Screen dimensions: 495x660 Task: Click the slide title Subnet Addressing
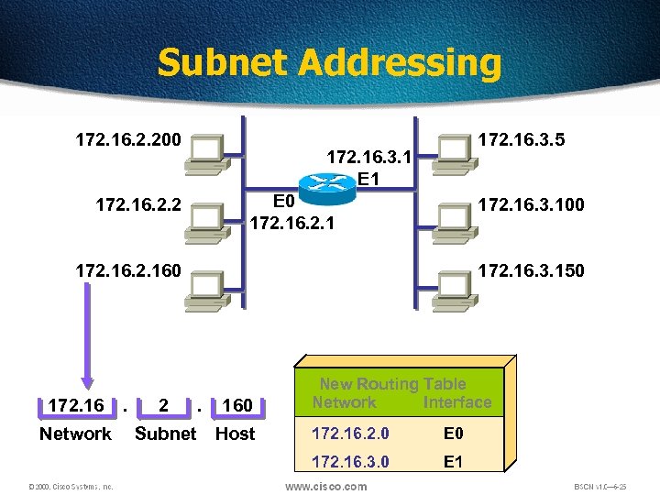click(329, 63)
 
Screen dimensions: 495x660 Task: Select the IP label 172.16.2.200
click(127, 140)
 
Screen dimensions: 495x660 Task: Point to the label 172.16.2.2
click(138, 203)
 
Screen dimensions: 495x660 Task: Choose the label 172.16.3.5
click(522, 140)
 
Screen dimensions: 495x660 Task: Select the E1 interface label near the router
click(369, 179)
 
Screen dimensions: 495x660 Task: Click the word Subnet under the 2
click(165, 434)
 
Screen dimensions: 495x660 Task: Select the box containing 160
click(237, 405)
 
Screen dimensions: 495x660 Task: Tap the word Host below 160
click(235, 434)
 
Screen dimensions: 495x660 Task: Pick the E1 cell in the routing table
click(453, 461)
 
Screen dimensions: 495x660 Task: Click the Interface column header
click(457, 402)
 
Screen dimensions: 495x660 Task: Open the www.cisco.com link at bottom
click(326, 486)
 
